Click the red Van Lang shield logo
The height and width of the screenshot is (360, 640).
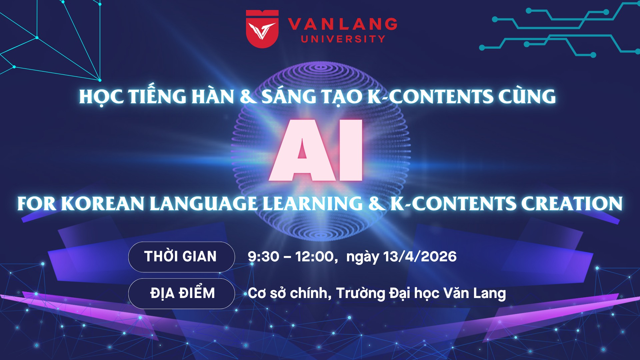[x=262, y=29]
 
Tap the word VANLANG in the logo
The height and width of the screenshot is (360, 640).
[x=343, y=24]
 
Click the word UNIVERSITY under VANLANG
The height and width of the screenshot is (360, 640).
[x=343, y=39]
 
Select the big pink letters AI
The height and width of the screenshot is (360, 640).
[x=316, y=150]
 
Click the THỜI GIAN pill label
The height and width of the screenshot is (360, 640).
[x=181, y=257]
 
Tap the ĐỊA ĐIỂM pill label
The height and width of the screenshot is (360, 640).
[x=181, y=293]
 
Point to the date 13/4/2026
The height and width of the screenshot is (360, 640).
[x=420, y=256]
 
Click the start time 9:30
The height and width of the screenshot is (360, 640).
[x=263, y=257]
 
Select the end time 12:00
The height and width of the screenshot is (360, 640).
[x=315, y=257]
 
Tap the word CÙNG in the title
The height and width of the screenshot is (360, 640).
[x=527, y=96]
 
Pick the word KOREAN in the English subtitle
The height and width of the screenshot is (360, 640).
[x=102, y=203]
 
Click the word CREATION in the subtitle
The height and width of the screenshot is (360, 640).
[x=572, y=203]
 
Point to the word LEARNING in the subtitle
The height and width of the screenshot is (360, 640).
[x=313, y=203]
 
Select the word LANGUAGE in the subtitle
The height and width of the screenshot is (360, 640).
[x=203, y=203]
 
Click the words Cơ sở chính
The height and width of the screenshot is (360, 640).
[x=289, y=293]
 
